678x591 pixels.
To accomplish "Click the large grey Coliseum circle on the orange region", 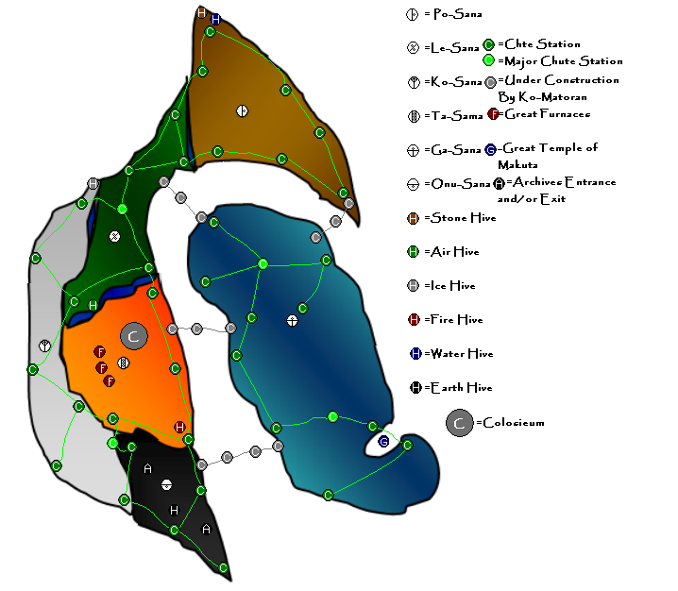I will [133, 335].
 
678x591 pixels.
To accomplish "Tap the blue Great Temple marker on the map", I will [384, 441].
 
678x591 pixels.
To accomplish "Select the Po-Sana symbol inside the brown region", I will [242, 110].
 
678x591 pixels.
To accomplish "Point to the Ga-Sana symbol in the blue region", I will [293, 320].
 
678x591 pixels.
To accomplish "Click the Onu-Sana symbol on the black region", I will [166, 484].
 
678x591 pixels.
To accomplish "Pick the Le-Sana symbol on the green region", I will [115, 236].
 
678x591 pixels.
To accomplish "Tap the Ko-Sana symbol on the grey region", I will [44, 346].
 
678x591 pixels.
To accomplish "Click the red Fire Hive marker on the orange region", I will [180, 427].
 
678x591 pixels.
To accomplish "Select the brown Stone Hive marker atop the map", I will [201, 12].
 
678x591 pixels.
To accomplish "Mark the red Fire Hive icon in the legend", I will [414, 320].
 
